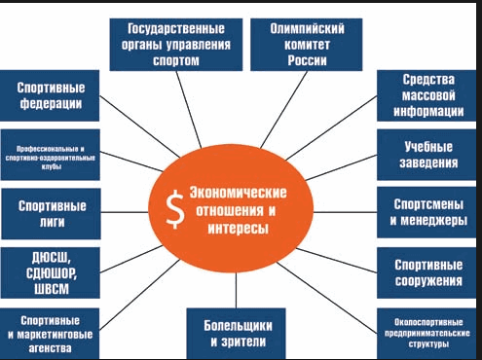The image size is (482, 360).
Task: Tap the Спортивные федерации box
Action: pos(49,94)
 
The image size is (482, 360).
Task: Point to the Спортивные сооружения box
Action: pos(428,271)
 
